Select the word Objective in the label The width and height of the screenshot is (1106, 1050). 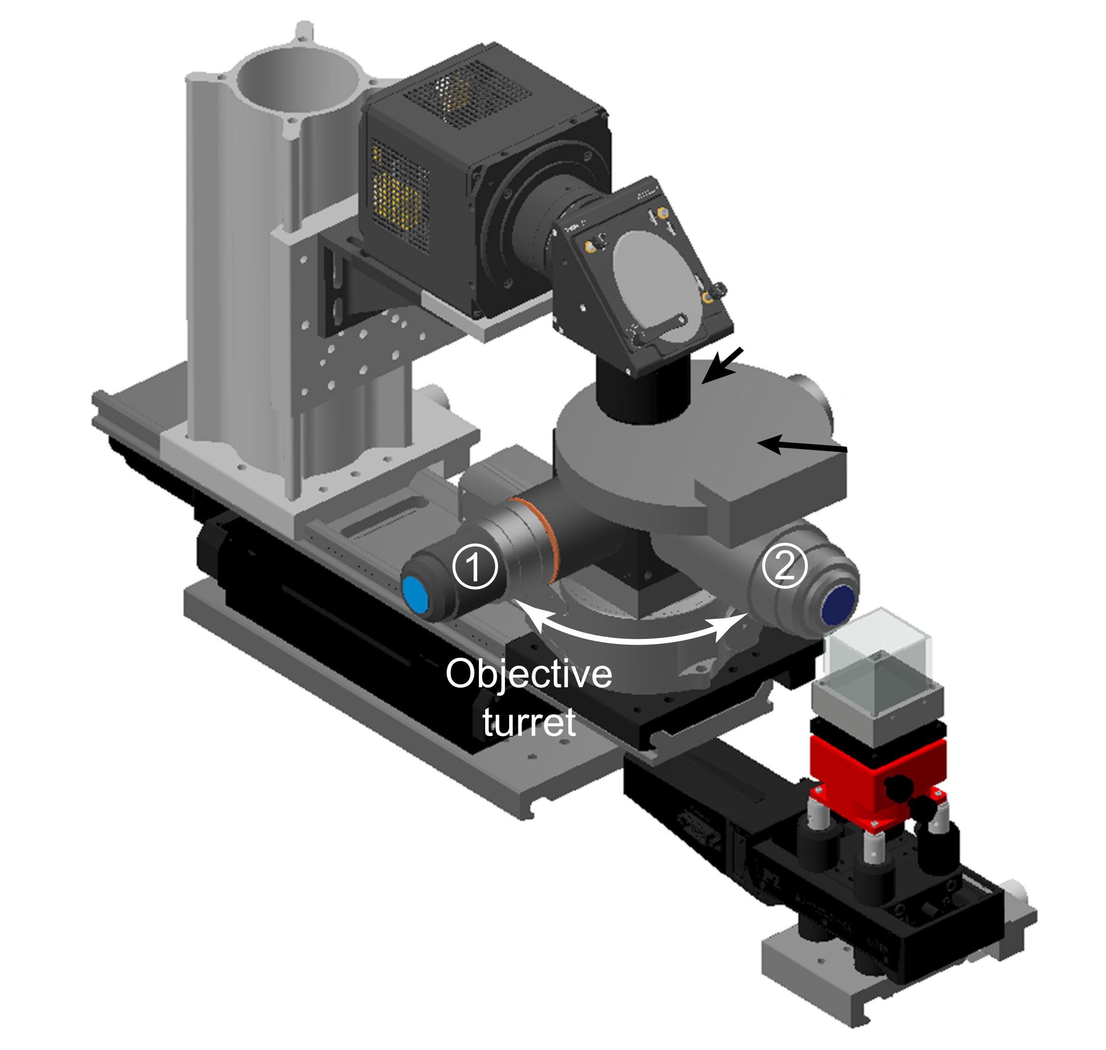(529, 674)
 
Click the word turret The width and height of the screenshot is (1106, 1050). (529, 722)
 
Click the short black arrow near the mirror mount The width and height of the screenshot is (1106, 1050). (722, 365)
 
